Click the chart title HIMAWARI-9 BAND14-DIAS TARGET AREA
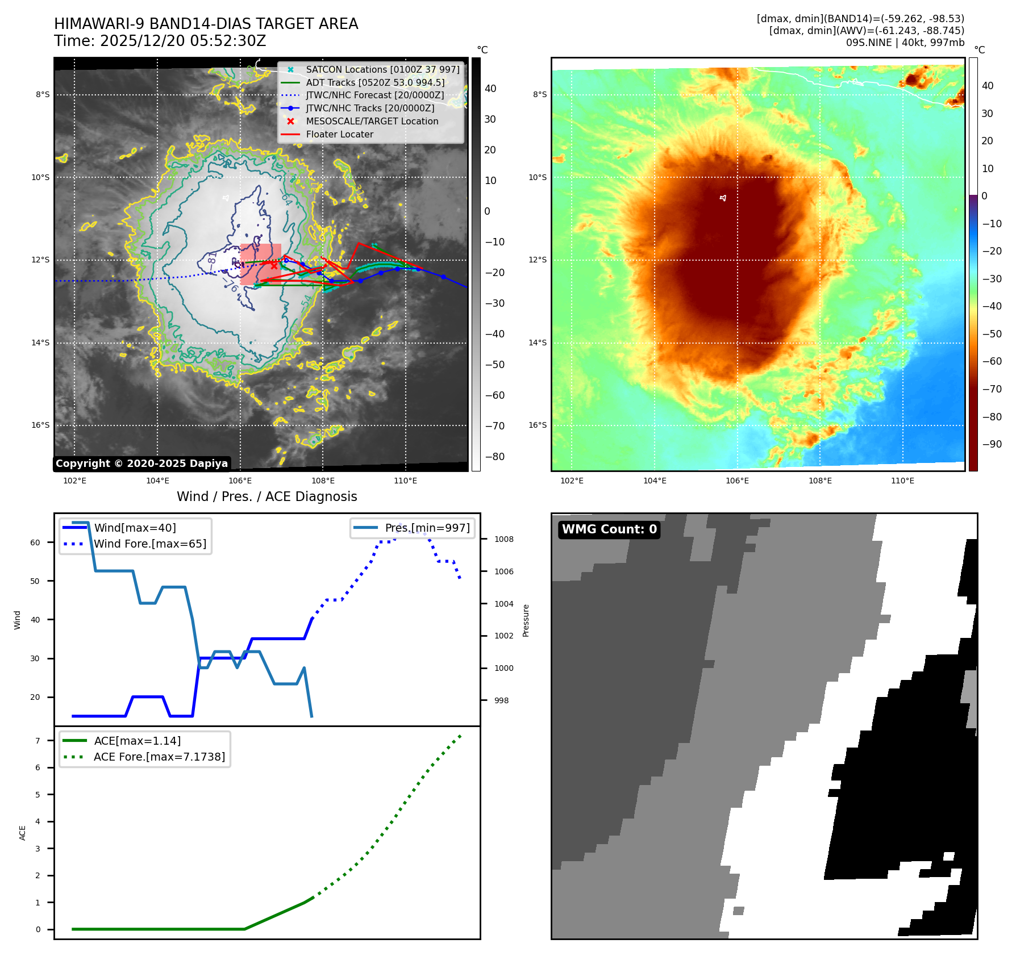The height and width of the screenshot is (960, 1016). (x=206, y=24)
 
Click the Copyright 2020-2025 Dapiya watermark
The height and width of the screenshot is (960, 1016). (x=141, y=464)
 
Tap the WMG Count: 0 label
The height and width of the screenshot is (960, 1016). (x=609, y=529)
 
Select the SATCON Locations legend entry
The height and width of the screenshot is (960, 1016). (x=382, y=70)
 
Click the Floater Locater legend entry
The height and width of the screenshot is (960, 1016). (x=339, y=135)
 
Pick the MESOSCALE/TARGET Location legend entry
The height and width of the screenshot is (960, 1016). (x=372, y=122)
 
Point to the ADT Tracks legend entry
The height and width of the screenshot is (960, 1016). (x=375, y=83)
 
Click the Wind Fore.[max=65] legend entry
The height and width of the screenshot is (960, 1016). (x=150, y=544)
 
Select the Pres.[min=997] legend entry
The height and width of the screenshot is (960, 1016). (x=427, y=528)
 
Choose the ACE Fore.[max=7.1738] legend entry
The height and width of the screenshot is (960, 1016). (x=159, y=757)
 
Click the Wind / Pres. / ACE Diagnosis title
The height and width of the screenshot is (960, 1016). (x=267, y=497)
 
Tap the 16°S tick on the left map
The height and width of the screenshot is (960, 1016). (x=40, y=425)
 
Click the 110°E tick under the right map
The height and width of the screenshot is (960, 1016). (x=902, y=481)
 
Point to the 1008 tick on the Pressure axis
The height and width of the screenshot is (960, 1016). (x=503, y=540)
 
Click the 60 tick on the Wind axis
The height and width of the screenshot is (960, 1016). (x=35, y=543)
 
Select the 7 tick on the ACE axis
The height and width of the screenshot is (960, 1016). (x=38, y=741)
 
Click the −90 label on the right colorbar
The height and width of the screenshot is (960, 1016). (x=992, y=444)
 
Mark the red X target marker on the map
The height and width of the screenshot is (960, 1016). (x=274, y=265)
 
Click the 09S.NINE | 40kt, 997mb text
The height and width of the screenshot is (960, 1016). (x=905, y=43)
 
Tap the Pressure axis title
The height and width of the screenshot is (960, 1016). (x=526, y=620)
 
